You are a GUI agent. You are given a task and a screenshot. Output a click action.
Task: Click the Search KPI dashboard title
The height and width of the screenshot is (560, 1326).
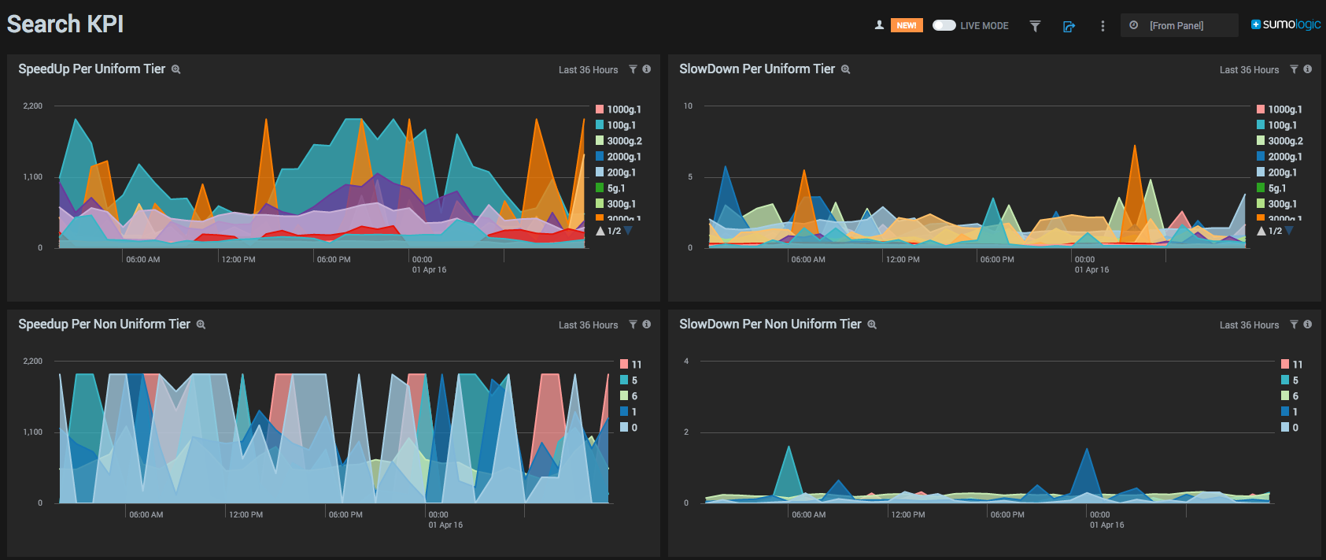click(65, 24)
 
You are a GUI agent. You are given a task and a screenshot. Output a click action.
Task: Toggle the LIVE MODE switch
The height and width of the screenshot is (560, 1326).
click(944, 25)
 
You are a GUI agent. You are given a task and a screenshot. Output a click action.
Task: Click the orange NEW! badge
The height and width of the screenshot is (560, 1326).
click(907, 25)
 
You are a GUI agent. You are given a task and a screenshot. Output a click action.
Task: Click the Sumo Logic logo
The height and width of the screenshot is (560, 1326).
click(1286, 24)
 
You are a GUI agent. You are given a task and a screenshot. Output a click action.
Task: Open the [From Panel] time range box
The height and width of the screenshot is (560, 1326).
click(1178, 25)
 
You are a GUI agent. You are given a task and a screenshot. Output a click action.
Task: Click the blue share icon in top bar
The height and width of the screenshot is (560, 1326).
click(1069, 26)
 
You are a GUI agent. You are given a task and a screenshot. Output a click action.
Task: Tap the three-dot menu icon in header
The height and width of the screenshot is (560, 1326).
click(1103, 26)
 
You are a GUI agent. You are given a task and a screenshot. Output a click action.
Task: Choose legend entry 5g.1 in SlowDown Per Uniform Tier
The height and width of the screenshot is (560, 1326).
click(1276, 188)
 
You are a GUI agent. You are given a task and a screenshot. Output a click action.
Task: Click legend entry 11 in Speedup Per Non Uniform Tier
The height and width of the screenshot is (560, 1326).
click(636, 365)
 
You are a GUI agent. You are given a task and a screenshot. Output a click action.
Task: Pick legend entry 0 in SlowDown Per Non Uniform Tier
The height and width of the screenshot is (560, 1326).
click(1295, 428)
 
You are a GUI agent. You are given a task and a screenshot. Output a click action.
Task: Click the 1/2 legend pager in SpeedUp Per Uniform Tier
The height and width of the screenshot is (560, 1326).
click(614, 231)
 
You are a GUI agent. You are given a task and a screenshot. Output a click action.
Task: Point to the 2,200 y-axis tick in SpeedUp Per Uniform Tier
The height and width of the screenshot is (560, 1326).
click(33, 106)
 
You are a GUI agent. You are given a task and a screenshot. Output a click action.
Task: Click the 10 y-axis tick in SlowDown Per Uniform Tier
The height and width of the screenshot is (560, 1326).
click(688, 106)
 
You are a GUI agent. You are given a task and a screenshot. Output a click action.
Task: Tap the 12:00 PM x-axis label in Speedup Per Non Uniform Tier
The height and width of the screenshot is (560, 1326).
click(246, 514)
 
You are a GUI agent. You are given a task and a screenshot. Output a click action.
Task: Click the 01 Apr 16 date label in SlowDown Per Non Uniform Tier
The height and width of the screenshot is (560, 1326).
click(1106, 525)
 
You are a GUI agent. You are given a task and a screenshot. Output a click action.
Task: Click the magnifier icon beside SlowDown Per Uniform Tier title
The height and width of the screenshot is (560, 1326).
click(846, 69)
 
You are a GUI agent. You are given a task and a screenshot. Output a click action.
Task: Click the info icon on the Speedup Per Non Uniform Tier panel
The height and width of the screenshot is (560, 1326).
click(646, 325)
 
